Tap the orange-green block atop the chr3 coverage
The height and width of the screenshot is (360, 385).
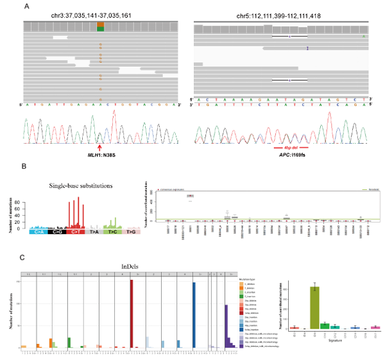point(100,26)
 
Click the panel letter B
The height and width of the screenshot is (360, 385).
point(25,167)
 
